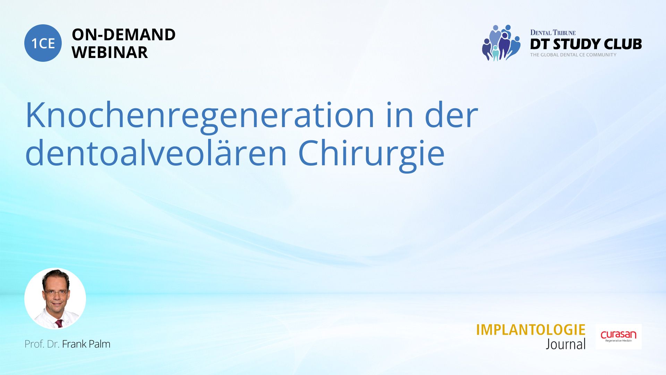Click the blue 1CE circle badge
(43, 43)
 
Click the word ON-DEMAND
(123, 35)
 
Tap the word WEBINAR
(110, 52)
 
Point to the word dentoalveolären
(156, 153)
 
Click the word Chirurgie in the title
(371, 155)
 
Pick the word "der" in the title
(451, 115)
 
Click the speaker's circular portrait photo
(55, 299)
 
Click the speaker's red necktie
(59, 324)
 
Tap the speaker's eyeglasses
(56, 293)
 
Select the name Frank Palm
(86, 344)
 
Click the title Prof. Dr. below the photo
(42, 344)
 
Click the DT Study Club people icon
(501, 43)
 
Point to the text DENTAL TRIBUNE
(553, 33)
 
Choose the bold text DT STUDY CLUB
(586, 44)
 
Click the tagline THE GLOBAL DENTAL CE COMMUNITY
(573, 55)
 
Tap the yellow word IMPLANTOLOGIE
(531, 330)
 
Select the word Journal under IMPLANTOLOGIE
(566, 344)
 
